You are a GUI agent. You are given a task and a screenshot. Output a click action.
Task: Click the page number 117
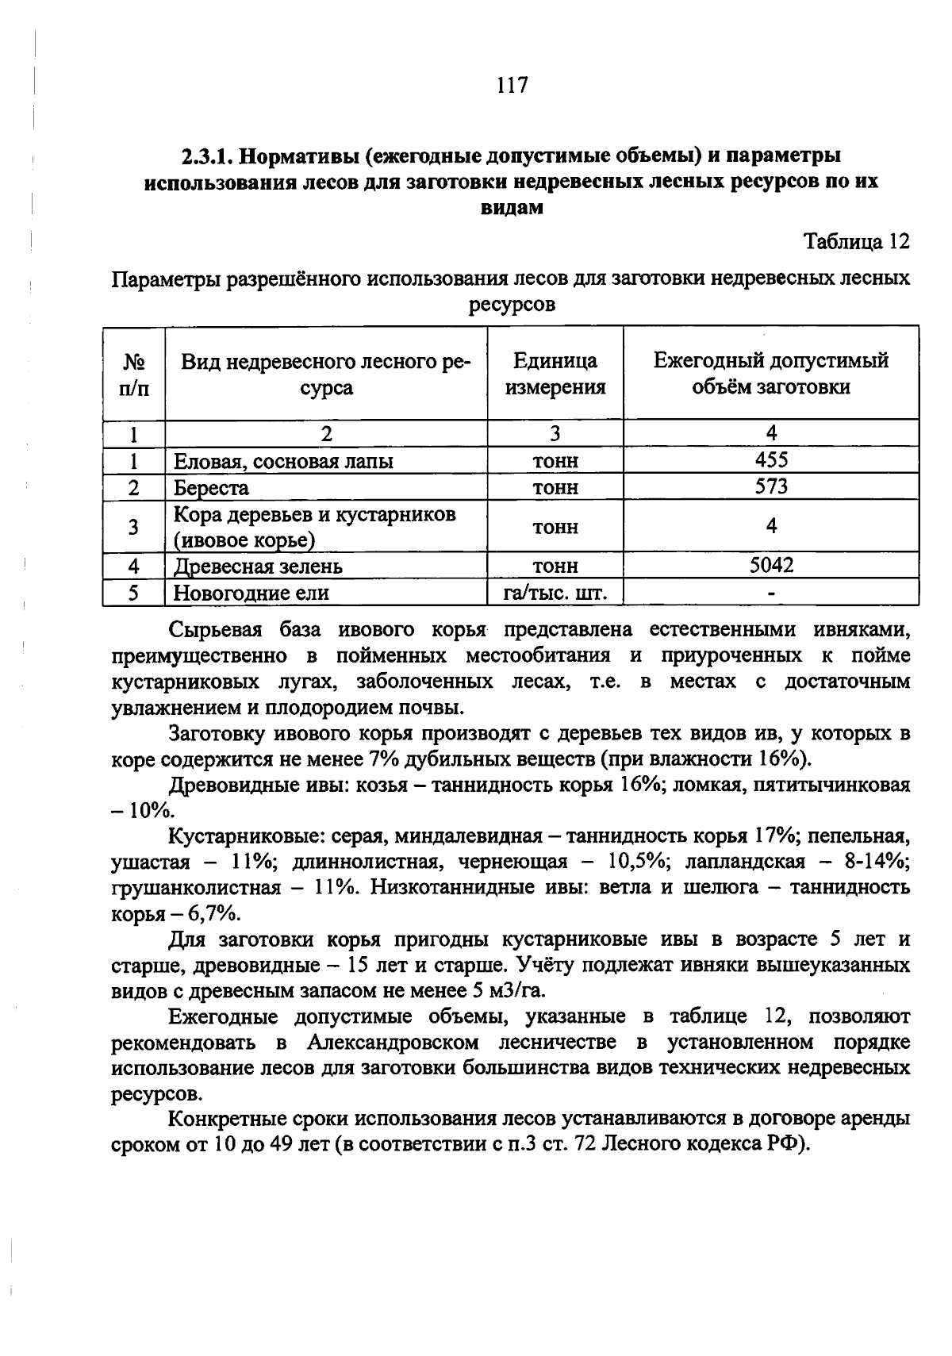[512, 85]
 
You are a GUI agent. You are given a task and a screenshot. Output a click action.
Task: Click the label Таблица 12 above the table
[857, 241]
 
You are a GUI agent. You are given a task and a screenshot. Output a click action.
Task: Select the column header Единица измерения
[555, 374]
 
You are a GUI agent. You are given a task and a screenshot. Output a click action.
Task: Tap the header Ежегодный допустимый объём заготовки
[770, 374]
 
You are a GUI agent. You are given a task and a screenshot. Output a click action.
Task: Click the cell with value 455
[771, 460]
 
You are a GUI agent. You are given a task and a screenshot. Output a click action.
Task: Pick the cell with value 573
[771, 486]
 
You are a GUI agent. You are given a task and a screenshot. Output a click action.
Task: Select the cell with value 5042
[771, 565]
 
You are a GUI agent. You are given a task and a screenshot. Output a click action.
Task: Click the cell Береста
[211, 488]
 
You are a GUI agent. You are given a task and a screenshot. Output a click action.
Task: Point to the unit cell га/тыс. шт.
[555, 593]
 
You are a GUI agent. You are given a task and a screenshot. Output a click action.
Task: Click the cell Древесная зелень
[258, 567]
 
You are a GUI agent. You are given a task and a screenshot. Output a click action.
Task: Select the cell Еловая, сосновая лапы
[283, 461]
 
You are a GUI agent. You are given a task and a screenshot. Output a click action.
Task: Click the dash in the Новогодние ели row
[771, 593]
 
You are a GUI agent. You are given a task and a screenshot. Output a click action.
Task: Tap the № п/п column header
[134, 374]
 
